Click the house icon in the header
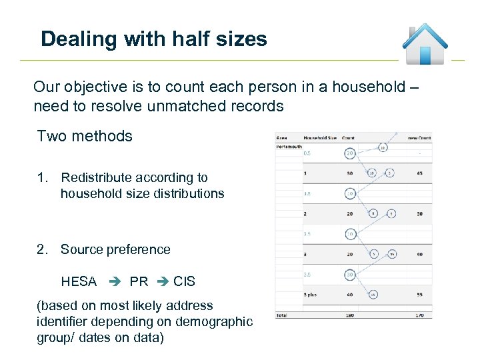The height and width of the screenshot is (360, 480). [x=425, y=44]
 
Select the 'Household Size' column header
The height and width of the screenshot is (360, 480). [x=320, y=138]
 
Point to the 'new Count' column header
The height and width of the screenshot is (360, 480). [x=419, y=138]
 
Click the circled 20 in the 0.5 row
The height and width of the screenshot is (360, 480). [x=350, y=153]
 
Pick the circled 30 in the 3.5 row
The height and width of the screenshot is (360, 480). [x=350, y=275]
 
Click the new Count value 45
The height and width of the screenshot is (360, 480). [x=419, y=174]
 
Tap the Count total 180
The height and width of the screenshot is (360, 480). [x=349, y=313]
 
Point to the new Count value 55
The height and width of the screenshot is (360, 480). [x=419, y=294]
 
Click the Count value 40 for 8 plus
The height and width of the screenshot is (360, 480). [x=349, y=294]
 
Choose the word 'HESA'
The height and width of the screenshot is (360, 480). [x=79, y=281]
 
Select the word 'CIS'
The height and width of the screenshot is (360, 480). [x=184, y=281]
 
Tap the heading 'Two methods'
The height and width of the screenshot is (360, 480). [x=85, y=136]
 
